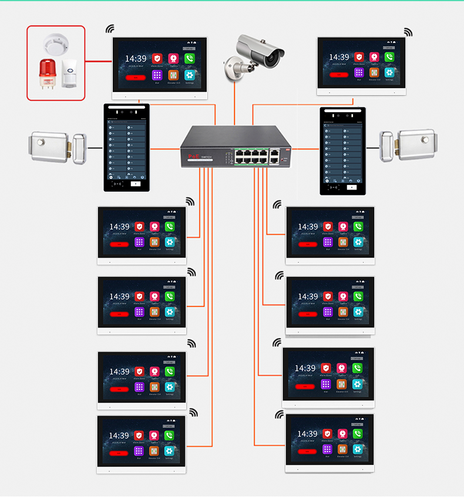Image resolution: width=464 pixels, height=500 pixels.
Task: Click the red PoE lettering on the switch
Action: (194, 156)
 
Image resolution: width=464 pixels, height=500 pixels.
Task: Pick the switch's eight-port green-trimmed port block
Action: (251, 156)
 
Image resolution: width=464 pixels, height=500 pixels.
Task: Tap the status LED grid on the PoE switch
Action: (227, 157)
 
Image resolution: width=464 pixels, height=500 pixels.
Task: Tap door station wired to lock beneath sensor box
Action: (127, 148)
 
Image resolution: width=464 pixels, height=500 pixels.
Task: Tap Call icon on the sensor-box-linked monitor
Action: (189, 59)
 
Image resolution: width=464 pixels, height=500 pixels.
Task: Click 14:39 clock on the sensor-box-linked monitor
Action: (136, 59)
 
